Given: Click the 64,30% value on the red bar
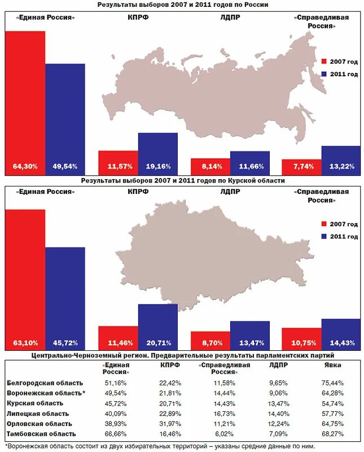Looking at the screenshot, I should tap(25, 167).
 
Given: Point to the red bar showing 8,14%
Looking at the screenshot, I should tap(210, 167).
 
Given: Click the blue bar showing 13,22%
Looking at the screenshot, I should tap(340, 160).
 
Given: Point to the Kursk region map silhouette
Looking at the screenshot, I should tap(214, 254).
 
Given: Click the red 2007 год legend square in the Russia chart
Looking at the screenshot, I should tap(324, 62).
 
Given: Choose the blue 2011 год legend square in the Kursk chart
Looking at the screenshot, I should tap(324, 237).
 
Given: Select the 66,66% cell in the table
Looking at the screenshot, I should tap(116, 433).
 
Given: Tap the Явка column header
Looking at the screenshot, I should tap(332, 365).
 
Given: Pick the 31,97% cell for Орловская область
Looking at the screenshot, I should tap(169, 423).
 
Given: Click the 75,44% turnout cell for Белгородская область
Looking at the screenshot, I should tap(332, 383).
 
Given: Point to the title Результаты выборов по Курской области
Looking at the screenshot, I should tap(182, 181).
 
